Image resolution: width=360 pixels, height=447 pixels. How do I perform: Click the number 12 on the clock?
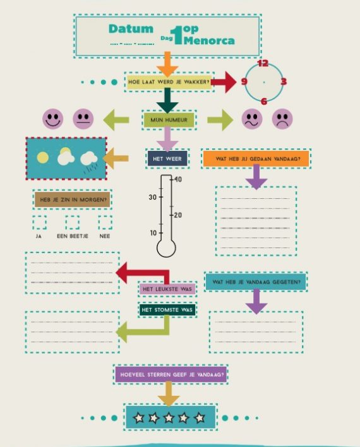[263, 63]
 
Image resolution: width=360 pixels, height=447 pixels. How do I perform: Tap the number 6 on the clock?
[264, 101]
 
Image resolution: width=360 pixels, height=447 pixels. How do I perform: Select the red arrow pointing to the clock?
[224, 82]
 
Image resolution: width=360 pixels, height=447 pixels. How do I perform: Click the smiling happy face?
[53, 119]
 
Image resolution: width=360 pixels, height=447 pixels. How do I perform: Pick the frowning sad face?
[282, 119]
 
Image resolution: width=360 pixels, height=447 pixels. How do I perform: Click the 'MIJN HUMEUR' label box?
[169, 120]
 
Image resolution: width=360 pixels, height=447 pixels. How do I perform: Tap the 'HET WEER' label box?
[167, 158]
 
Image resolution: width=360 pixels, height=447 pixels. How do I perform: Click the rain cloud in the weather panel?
[89, 161]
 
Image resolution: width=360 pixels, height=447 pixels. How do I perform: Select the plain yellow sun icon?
[42, 158]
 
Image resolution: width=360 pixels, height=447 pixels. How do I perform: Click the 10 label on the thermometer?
[153, 233]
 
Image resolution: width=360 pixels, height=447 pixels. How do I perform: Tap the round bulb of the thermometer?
[166, 248]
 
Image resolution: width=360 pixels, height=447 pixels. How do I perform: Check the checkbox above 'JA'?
[39, 223]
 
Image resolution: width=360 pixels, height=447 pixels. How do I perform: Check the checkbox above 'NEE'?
[105, 223]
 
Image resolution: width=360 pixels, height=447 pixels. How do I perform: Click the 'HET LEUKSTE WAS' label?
[167, 289]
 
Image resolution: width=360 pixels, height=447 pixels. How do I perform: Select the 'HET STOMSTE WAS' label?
[167, 310]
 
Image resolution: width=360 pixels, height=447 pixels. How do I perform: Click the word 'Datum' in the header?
[131, 29]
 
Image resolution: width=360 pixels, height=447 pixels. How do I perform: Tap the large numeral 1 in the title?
[177, 35]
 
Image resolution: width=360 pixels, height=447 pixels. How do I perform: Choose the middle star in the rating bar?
[169, 417]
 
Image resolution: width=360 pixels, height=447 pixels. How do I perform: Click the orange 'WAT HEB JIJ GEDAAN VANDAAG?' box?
[256, 159]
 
